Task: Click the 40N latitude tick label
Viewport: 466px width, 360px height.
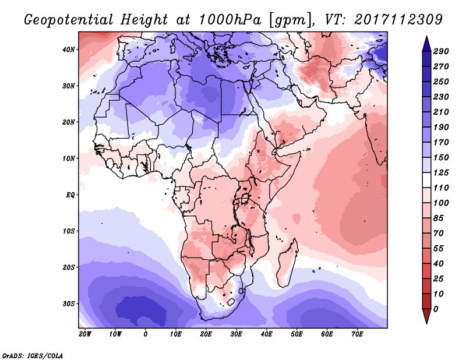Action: [69, 50]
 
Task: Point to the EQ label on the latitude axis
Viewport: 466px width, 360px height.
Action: [70, 195]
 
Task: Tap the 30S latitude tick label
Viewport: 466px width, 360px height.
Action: [69, 303]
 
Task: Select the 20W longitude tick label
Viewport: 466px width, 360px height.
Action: [85, 334]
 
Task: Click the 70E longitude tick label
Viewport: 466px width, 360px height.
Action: [358, 334]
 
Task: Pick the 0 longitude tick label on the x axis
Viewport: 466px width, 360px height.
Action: [146, 334]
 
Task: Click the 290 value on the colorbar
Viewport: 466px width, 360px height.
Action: [441, 52]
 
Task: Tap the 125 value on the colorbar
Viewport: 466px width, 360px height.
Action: [441, 172]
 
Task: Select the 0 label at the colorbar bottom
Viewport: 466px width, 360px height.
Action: [436, 308]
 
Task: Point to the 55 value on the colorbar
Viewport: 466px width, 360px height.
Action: [439, 248]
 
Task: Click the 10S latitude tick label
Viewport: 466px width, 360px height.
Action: [69, 231]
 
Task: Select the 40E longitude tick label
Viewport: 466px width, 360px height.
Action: [267, 334]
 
